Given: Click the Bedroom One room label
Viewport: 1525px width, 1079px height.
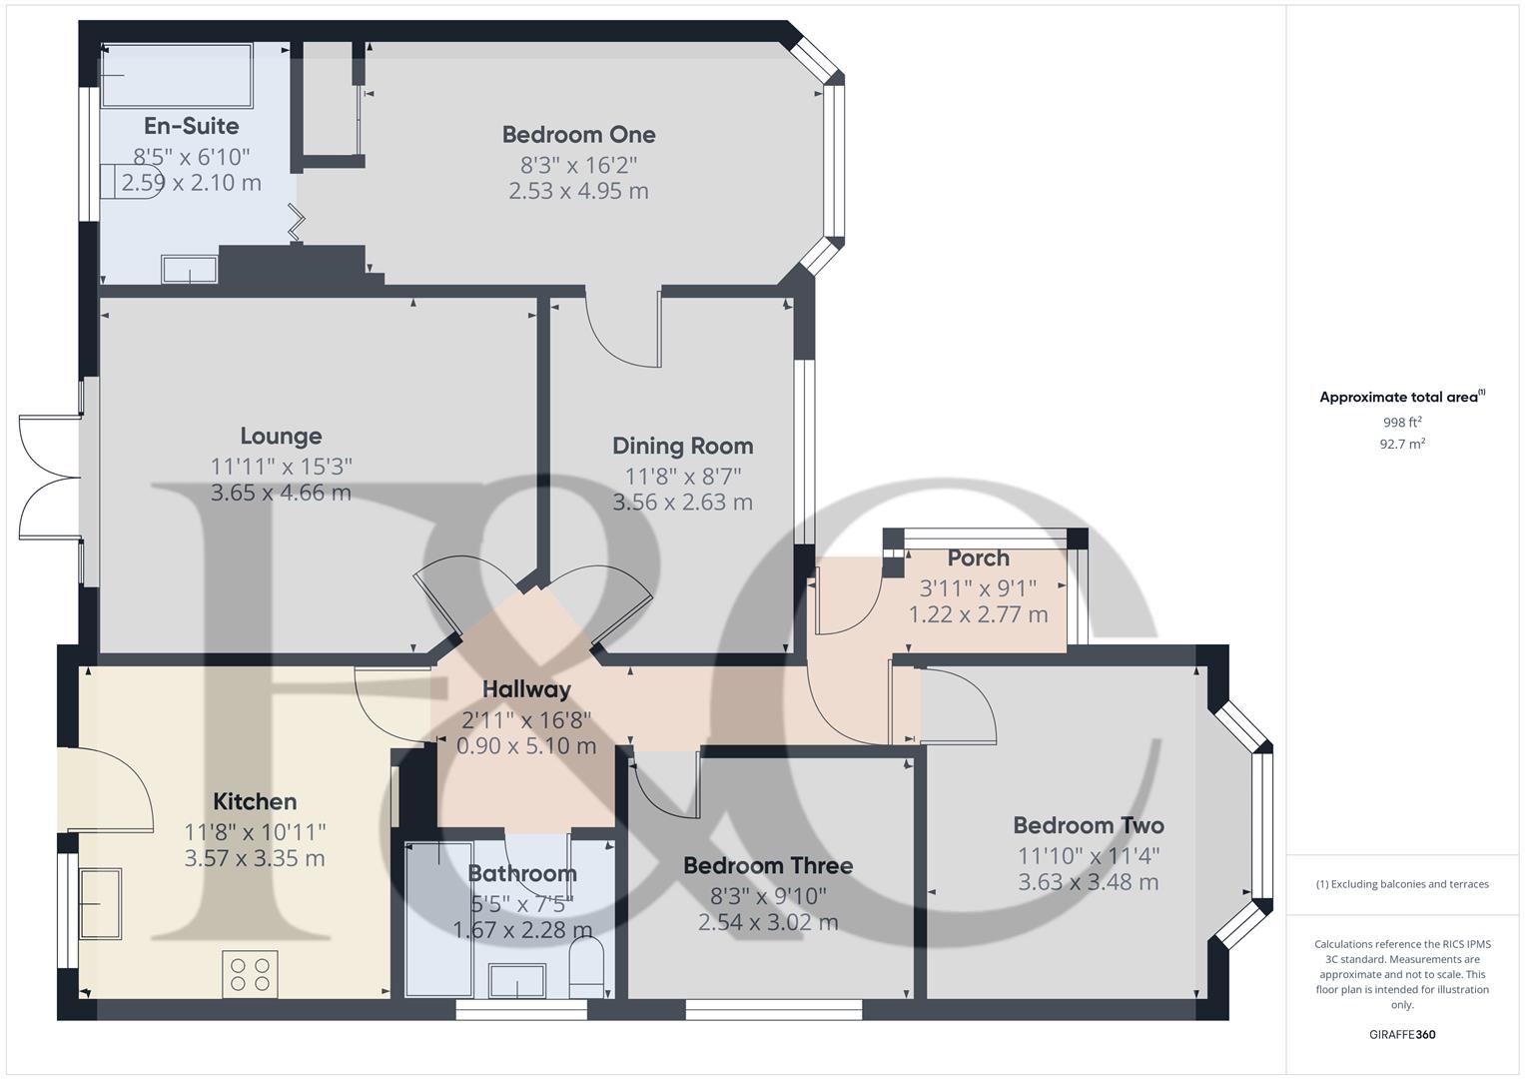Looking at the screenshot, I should point(578,135).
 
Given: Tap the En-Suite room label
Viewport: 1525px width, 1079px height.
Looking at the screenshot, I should point(191,126).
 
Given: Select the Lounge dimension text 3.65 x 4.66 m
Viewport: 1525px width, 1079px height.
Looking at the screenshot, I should point(281,493).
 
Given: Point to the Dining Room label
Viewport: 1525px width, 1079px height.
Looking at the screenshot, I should point(682,447).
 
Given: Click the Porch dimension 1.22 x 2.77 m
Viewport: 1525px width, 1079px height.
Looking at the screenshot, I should point(978,614).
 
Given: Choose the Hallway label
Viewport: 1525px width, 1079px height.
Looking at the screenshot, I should point(526,689).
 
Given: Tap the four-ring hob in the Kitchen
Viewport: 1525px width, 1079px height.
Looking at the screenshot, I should point(250,974).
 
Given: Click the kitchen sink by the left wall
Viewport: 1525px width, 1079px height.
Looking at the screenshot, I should point(100,903).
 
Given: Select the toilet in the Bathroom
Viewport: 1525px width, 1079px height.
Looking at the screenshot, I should point(586,967).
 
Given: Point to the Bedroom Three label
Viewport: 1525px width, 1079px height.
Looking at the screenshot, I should point(768,866).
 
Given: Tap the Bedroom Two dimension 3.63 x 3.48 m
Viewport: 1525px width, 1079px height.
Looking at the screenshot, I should point(1088,882).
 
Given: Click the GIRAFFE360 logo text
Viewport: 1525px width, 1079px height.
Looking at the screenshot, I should point(1401,1034).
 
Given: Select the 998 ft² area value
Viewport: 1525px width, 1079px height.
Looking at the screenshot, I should point(1401,423).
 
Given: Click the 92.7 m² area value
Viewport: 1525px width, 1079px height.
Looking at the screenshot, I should point(1401,445).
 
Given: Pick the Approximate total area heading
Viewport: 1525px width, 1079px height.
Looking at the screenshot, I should point(1401,398).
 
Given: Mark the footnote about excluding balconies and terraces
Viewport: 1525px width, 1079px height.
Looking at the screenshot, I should point(1401,884).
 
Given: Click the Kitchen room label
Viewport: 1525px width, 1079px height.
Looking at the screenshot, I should point(255,802).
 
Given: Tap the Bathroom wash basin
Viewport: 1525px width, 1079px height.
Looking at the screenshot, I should point(517,980).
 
